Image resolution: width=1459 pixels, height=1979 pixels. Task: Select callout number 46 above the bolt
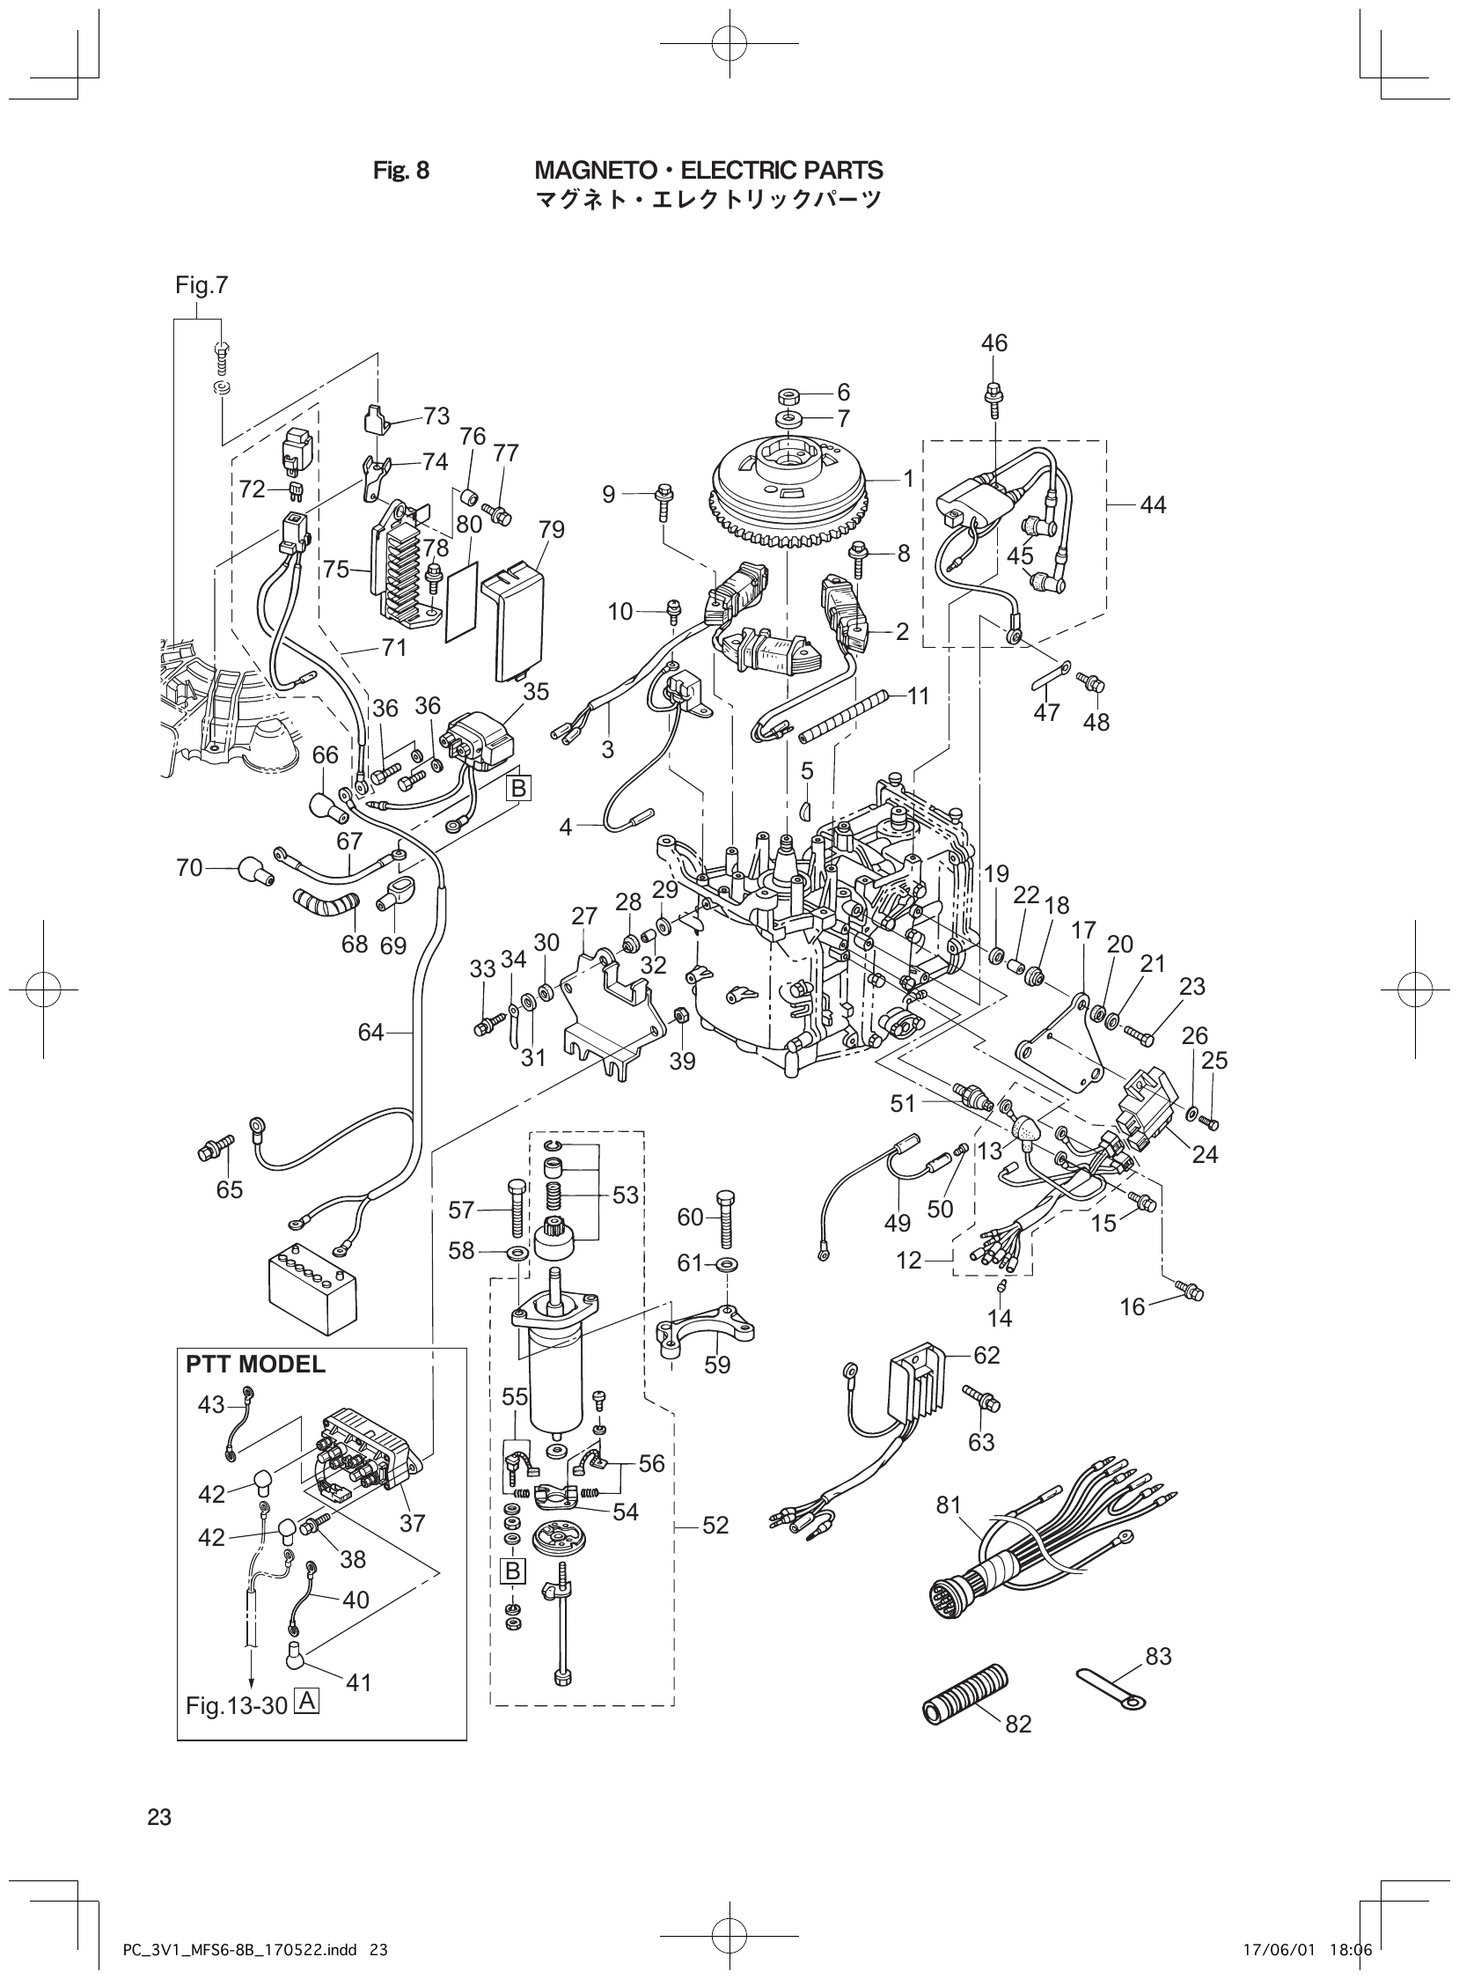pos(993,342)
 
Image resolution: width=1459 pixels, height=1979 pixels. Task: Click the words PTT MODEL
pos(255,1365)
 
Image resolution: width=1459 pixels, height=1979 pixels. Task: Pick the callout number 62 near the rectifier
pos(986,1355)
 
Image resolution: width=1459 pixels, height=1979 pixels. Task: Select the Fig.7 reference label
pos(202,285)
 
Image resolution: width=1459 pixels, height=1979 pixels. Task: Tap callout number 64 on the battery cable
pos(371,1032)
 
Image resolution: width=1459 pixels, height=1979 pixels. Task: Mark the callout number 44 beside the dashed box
pos(1153,505)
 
